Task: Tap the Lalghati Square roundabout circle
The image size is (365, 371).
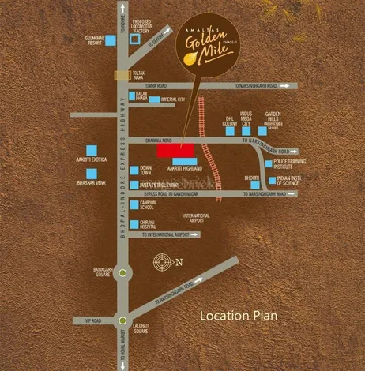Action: [x=121, y=320]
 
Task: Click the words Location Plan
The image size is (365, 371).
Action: [x=239, y=315]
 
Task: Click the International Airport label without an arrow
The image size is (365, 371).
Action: [x=196, y=218]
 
